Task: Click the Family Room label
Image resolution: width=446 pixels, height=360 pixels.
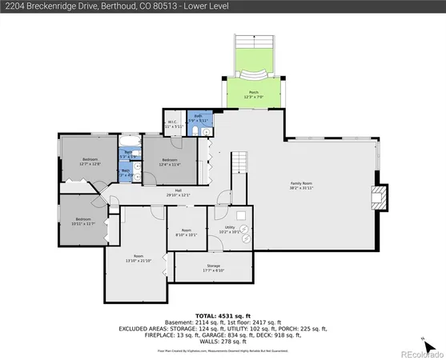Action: (300, 186)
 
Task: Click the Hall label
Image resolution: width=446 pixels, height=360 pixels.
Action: (178, 192)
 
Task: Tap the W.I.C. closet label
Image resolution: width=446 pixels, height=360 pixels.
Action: (173, 125)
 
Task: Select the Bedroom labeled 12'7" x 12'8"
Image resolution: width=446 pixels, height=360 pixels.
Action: (90, 162)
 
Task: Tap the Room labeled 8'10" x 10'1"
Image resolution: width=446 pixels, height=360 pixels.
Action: (184, 234)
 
